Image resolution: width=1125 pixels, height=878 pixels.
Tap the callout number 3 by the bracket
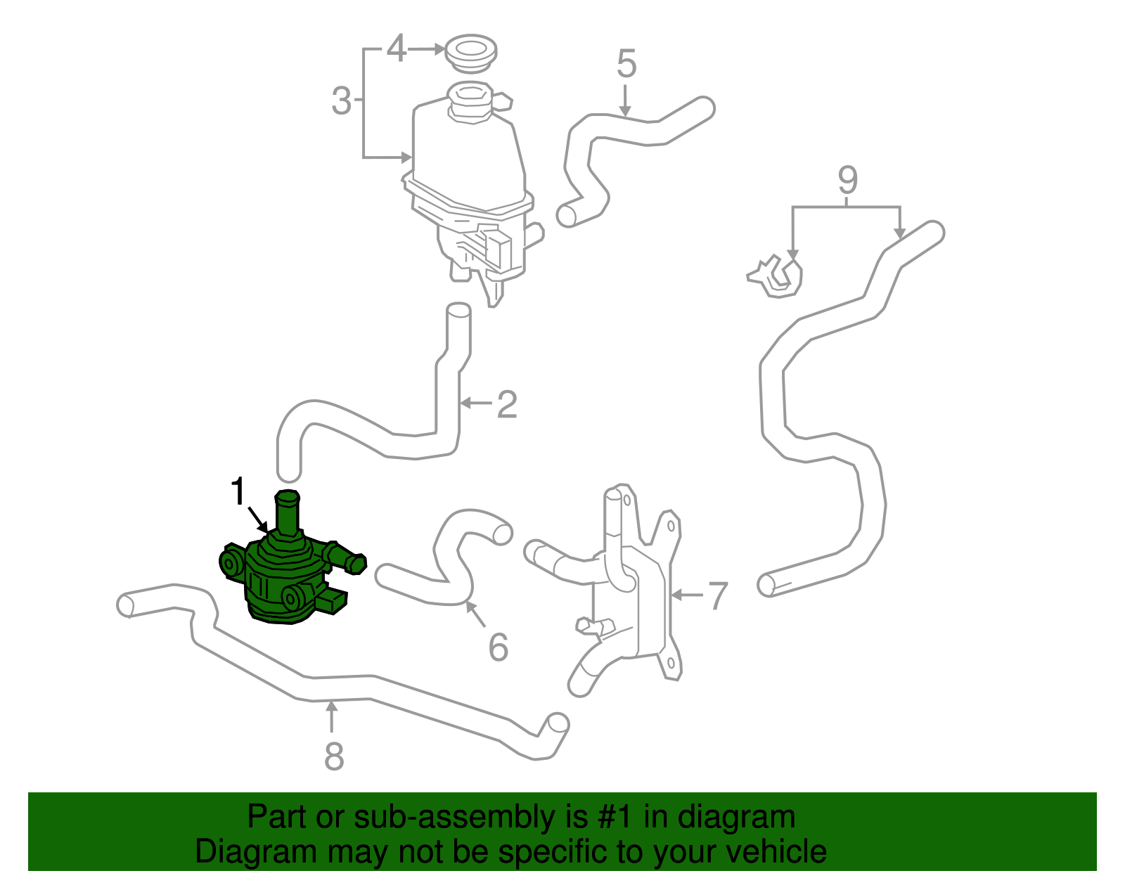click(x=341, y=101)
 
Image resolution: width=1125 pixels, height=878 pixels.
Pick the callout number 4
click(x=397, y=49)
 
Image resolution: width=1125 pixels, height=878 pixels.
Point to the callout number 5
click(x=626, y=64)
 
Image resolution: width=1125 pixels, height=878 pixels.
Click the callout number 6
click(x=498, y=647)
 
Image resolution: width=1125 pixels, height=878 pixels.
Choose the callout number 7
click(x=717, y=595)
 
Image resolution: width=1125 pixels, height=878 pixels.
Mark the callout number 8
click(x=333, y=756)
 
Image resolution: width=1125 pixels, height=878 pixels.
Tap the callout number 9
click(x=847, y=181)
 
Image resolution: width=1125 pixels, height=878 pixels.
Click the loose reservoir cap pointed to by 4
click(x=472, y=52)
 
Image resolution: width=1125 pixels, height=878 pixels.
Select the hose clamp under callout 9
click(x=776, y=276)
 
